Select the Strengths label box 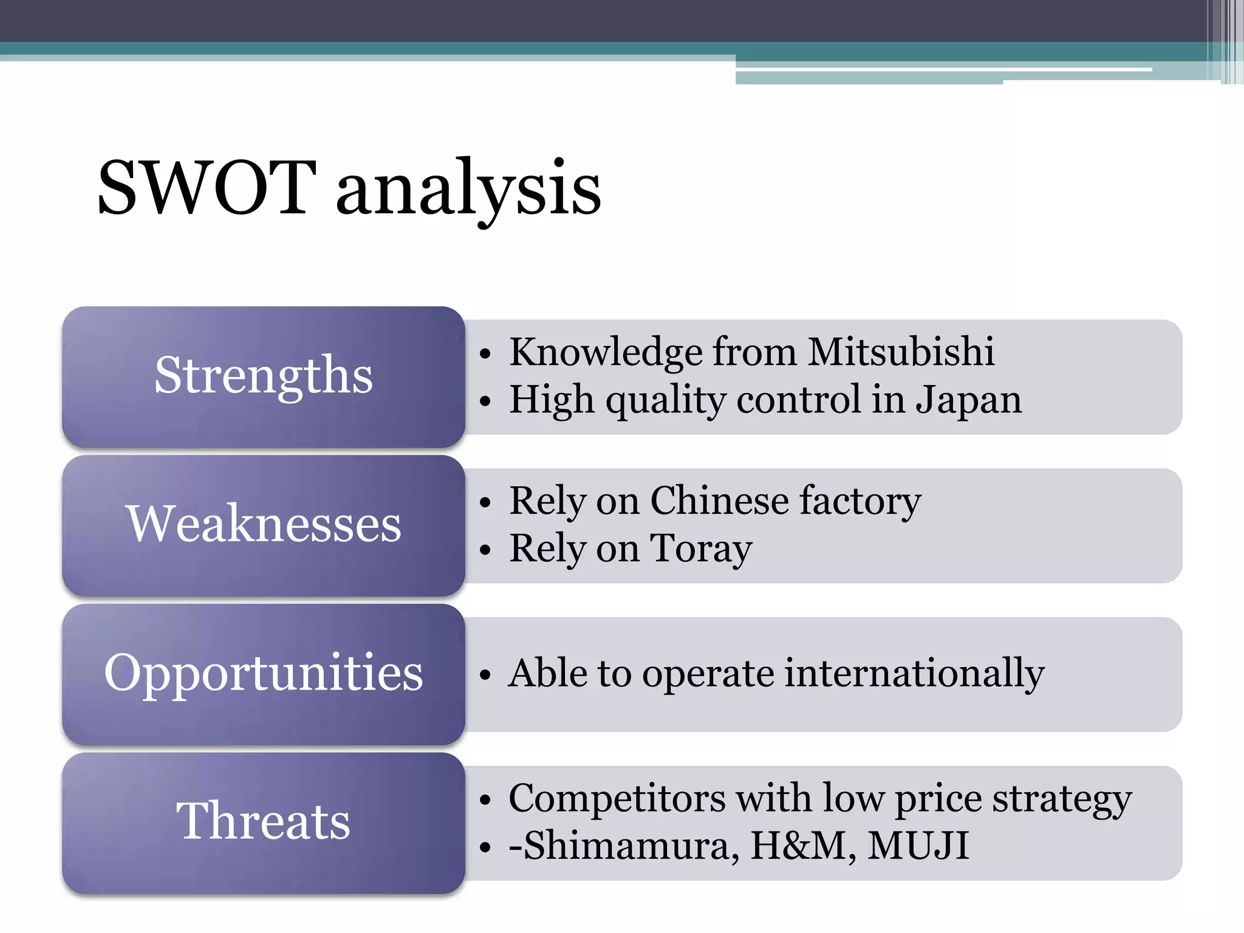point(263,376)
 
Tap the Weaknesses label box point(263,525)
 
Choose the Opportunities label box point(263,674)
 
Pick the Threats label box point(263,822)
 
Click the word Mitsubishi point(901,352)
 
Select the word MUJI point(918,846)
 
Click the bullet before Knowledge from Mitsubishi point(484,354)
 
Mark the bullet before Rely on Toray point(484,550)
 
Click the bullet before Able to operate point(484,675)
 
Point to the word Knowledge point(606,353)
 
